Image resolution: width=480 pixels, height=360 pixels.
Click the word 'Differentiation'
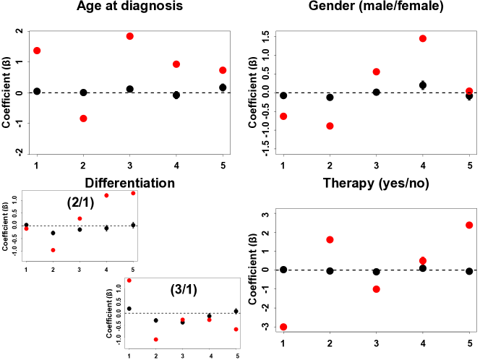130,183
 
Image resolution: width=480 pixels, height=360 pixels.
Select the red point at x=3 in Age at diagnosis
130,36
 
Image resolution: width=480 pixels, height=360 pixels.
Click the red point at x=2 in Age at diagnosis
84,119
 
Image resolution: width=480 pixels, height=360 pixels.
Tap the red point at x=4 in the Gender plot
423,38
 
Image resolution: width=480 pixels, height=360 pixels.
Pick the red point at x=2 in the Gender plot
330,126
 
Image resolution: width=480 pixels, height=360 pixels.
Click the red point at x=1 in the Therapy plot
283,327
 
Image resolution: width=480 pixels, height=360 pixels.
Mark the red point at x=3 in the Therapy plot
377,289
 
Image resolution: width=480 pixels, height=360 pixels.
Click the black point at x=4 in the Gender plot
423,85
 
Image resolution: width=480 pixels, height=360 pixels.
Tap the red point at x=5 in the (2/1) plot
133,193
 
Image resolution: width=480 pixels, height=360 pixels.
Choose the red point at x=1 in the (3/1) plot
129,280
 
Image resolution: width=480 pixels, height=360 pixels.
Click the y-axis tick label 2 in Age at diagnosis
17,33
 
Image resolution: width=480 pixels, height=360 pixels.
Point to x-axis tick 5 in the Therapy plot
469,342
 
